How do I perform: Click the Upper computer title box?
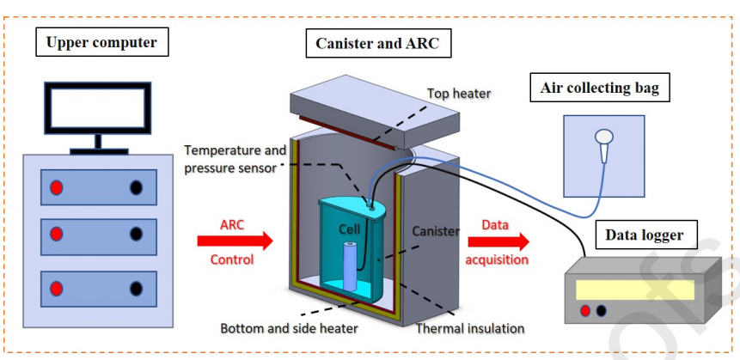click(101, 41)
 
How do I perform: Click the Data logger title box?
click(643, 234)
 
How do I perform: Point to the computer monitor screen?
click(98, 108)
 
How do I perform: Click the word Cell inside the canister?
click(348, 231)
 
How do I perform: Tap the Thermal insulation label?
click(470, 328)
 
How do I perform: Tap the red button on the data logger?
click(585, 310)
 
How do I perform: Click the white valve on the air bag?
click(604, 138)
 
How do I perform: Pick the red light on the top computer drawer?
click(57, 186)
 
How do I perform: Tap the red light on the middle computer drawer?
click(57, 233)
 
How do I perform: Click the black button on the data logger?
click(600, 310)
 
